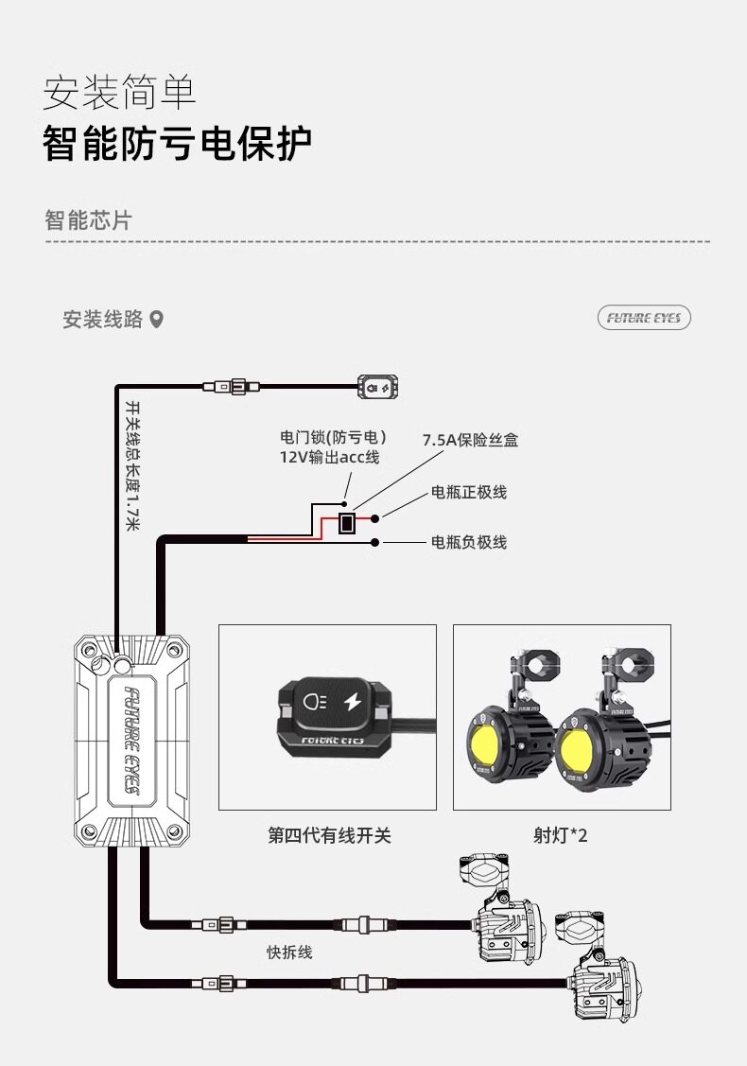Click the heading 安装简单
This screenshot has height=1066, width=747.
pyautogui.click(x=119, y=93)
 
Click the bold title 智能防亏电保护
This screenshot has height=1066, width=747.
pyautogui.click(x=177, y=143)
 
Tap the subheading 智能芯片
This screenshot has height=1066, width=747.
pyautogui.click(x=88, y=220)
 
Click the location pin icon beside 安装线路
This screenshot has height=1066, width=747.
pyautogui.click(x=157, y=320)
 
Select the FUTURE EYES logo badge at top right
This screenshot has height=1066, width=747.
pyautogui.click(x=644, y=318)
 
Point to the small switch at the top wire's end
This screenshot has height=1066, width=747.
pyautogui.click(x=377, y=386)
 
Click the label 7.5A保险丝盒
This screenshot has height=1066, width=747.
pyautogui.click(x=470, y=441)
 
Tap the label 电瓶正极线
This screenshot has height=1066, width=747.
pyautogui.click(x=469, y=492)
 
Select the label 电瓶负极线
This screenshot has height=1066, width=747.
pyautogui.click(x=469, y=542)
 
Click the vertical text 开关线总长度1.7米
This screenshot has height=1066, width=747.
pyautogui.click(x=133, y=463)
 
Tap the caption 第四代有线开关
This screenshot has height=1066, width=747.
pyautogui.click(x=328, y=835)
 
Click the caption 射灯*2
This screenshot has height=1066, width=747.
pyautogui.click(x=561, y=835)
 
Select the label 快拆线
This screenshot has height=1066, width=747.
pyautogui.click(x=288, y=952)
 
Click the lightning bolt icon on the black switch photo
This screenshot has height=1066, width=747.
pyautogui.click(x=353, y=703)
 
